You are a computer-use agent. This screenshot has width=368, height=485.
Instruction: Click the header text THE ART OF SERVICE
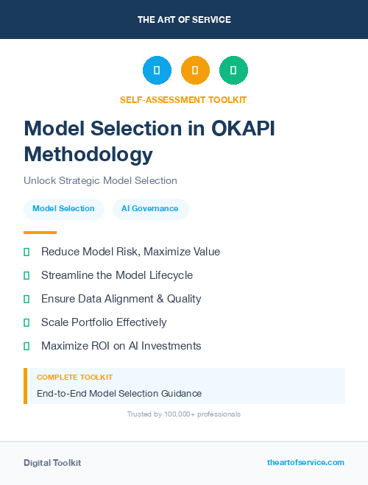click(x=184, y=20)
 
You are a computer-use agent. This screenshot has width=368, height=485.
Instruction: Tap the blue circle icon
click(x=157, y=71)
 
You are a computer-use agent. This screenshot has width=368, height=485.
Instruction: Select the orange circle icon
click(x=195, y=71)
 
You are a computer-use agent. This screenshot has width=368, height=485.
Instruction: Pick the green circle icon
click(x=233, y=71)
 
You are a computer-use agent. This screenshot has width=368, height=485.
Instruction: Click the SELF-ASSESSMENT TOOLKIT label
click(x=183, y=99)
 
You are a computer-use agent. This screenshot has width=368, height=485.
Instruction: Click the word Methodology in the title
click(x=88, y=155)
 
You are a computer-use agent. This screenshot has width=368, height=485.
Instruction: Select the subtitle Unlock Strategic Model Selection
click(x=100, y=180)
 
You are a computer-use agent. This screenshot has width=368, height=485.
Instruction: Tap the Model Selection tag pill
click(x=63, y=209)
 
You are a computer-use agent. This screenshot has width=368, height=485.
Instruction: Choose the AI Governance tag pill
click(x=150, y=209)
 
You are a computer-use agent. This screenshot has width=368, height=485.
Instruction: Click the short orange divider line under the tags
click(x=40, y=233)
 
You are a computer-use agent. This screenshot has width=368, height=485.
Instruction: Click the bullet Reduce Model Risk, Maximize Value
click(x=130, y=252)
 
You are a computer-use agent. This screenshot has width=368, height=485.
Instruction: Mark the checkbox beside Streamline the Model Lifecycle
click(x=26, y=275)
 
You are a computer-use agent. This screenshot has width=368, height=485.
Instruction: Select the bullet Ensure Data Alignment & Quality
click(x=121, y=299)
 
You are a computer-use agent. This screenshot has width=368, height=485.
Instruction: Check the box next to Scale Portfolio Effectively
click(x=26, y=322)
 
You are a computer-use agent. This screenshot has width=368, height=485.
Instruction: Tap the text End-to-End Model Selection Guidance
click(x=119, y=394)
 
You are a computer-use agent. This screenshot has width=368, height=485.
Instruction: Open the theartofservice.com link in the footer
click(x=305, y=462)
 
